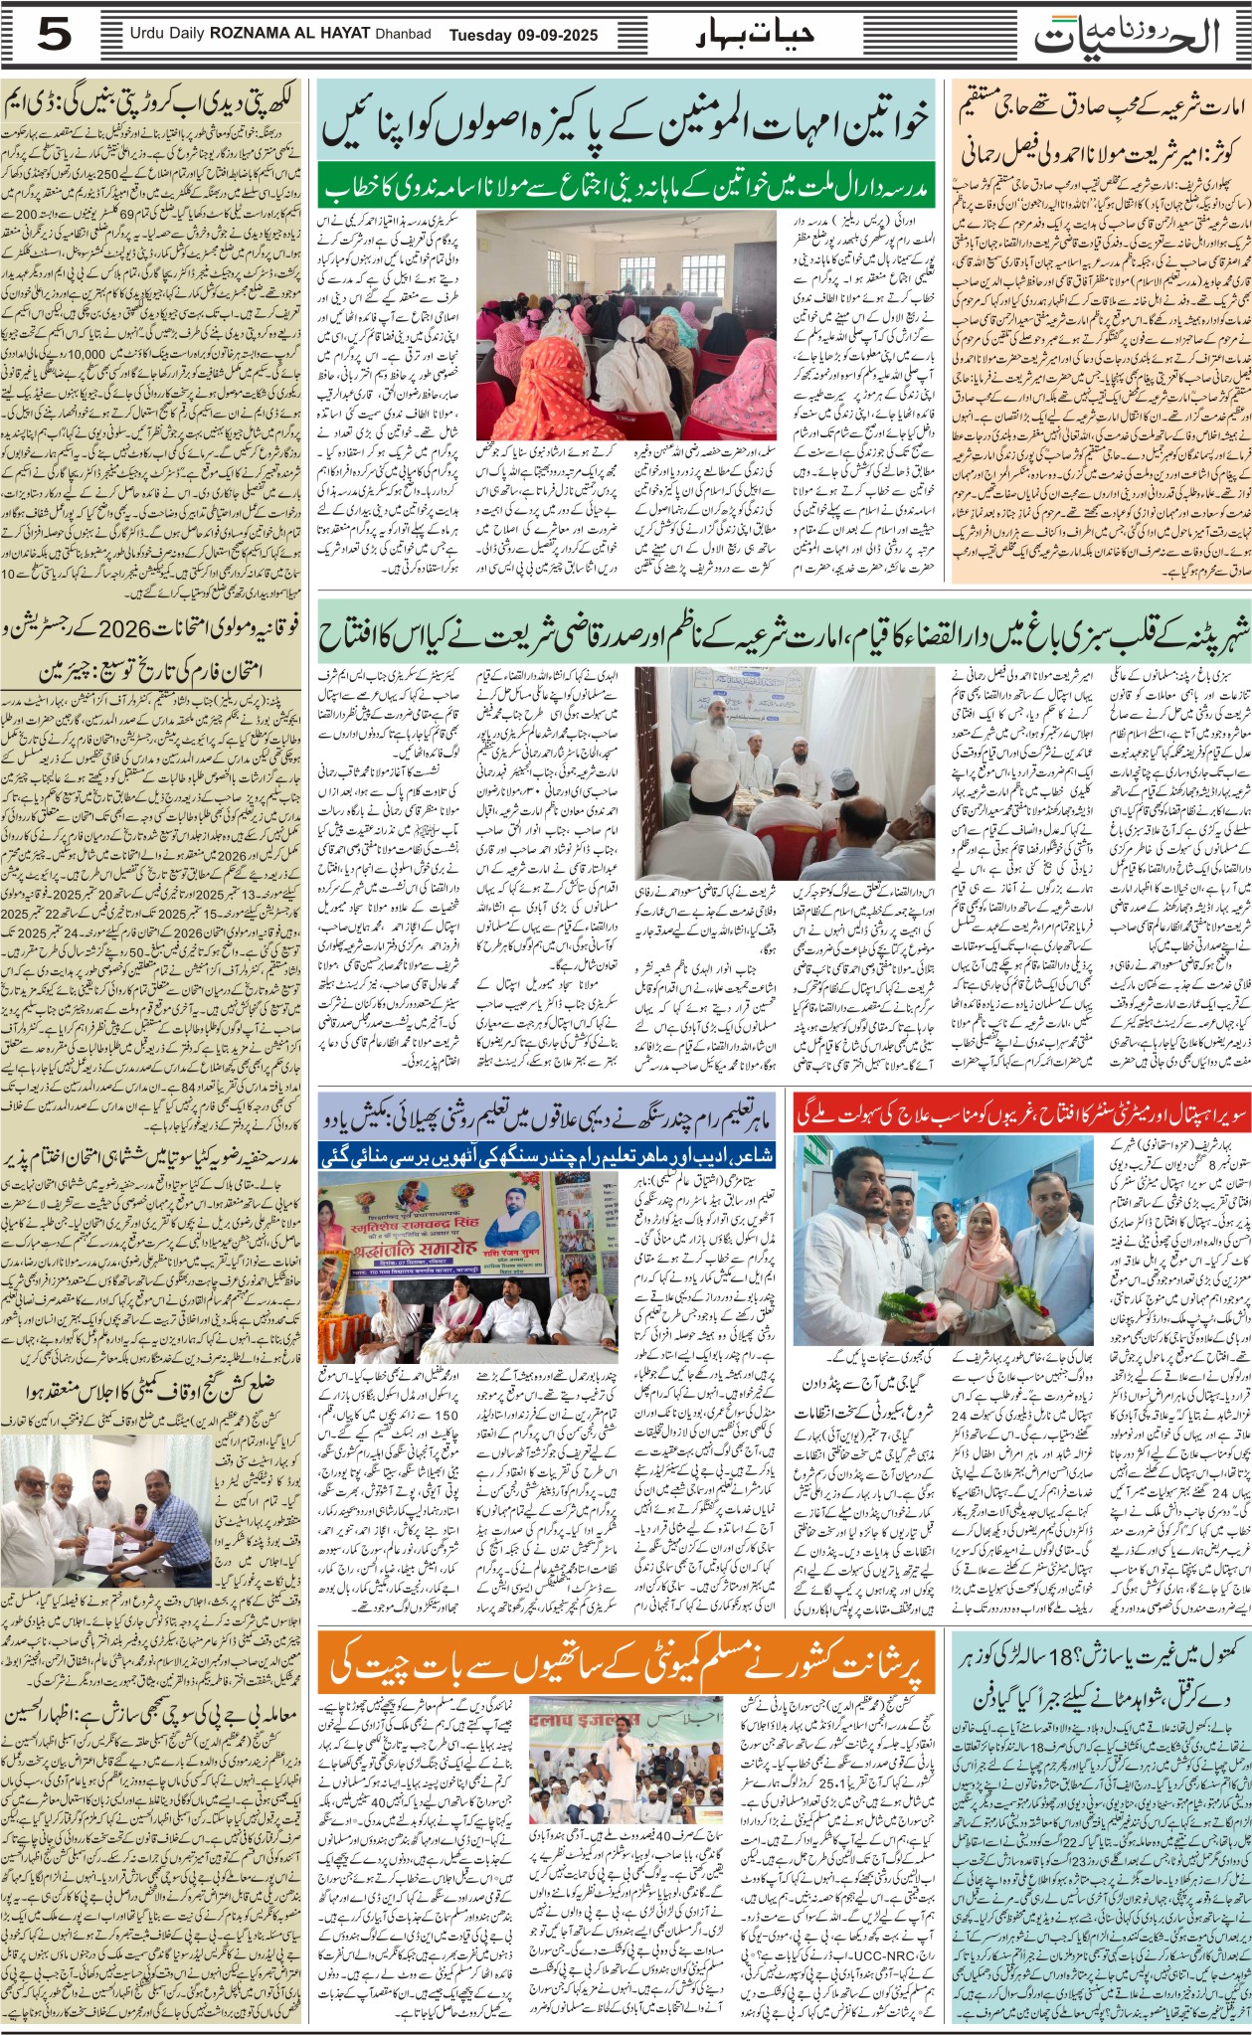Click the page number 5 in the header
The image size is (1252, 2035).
[56, 36]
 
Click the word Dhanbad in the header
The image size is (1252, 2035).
[403, 35]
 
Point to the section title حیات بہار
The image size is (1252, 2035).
[754, 36]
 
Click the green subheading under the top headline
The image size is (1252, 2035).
[626, 187]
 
